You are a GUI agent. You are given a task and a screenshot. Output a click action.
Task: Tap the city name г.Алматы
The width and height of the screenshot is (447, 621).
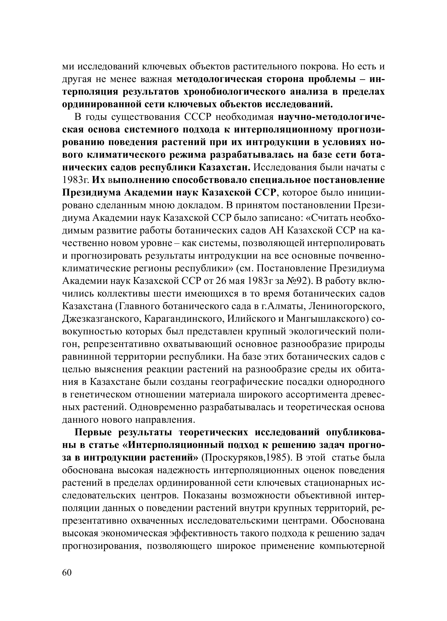[283, 306]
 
